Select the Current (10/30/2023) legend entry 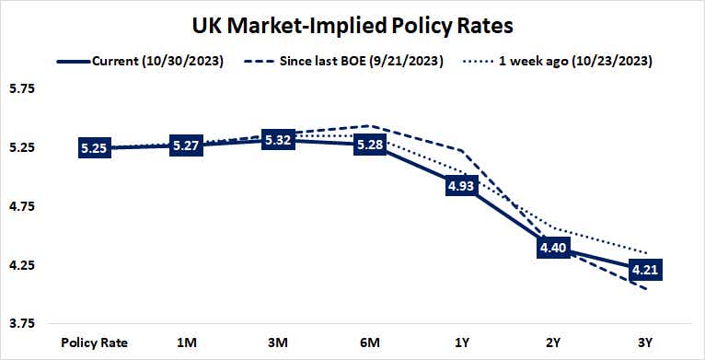[153, 61]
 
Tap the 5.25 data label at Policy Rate [94, 148]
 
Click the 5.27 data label [186, 145]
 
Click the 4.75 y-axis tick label [21, 207]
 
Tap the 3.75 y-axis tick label [21, 324]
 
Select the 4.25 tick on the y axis [21, 266]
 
